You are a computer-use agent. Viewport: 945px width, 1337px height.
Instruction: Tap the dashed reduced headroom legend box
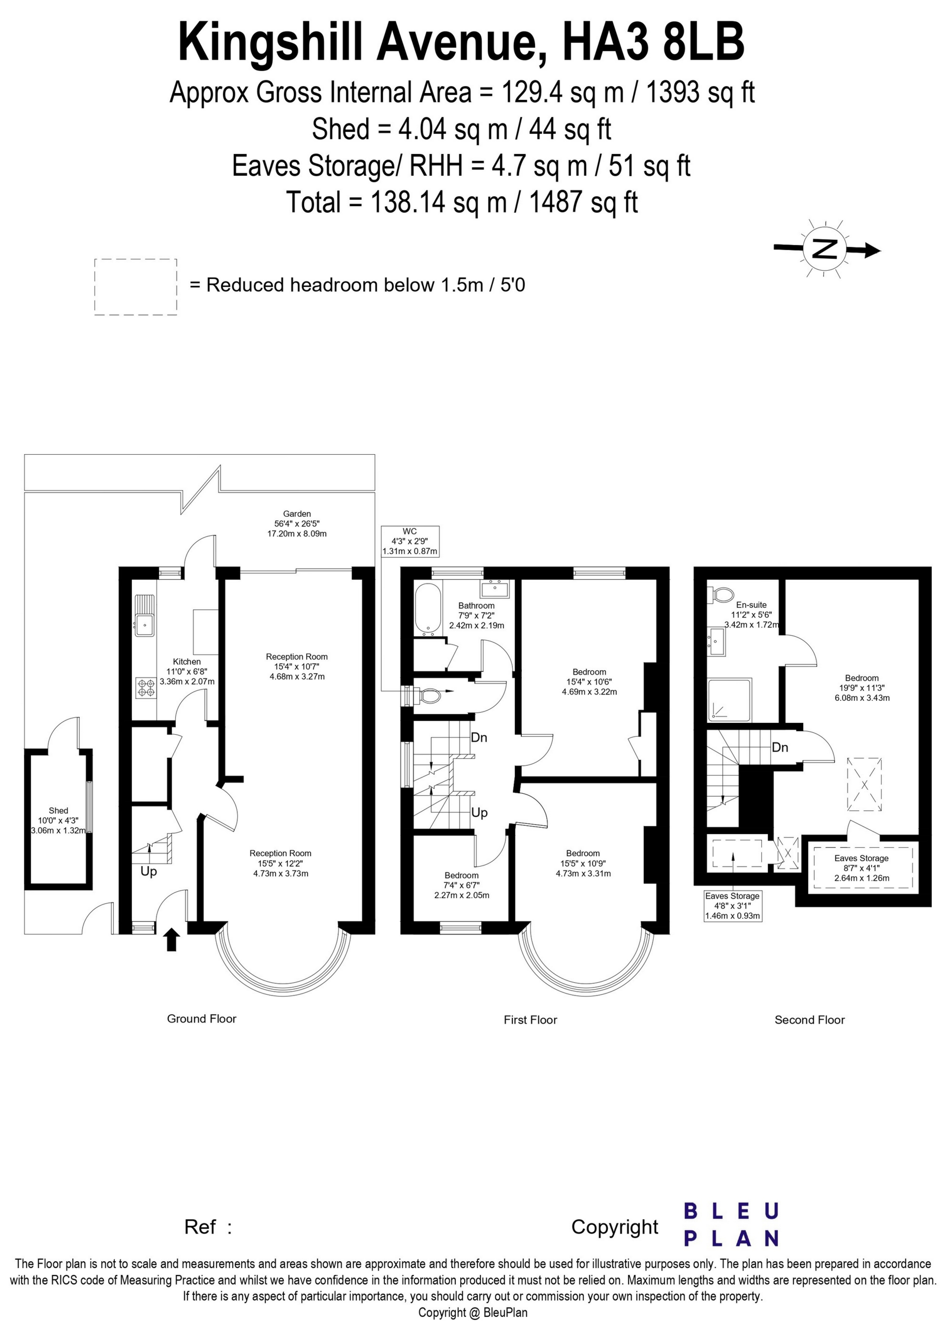point(135,287)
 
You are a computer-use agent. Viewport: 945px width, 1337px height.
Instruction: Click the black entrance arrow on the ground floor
point(171,940)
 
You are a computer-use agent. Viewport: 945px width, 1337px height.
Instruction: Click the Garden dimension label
point(297,524)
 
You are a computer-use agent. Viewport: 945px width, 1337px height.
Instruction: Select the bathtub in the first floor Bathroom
point(427,609)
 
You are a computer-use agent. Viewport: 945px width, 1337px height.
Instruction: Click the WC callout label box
point(409,541)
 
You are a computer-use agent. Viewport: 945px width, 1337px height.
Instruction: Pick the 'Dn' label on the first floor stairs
point(479,738)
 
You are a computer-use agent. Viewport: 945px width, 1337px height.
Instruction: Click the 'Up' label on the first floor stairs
point(479,812)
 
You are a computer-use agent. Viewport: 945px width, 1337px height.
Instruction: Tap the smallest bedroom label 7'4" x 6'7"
point(462,885)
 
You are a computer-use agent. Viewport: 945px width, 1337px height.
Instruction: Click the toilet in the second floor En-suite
point(720,595)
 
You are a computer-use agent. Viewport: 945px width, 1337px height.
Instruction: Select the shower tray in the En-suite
point(729,699)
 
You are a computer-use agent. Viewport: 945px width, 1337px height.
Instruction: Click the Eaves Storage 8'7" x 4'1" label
point(861,868)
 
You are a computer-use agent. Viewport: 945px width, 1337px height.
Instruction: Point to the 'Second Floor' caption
point(809,1020)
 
